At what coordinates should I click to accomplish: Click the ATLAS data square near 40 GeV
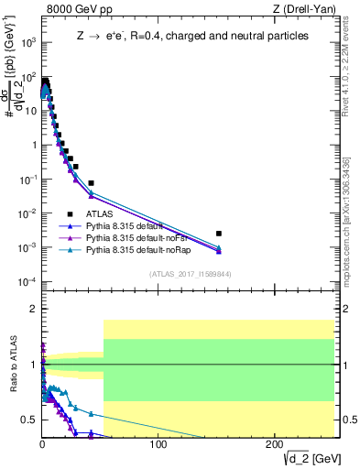pyautogui.click(x=91, y=183)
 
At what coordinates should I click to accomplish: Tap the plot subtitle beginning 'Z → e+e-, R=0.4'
pyautogui.click(x=192, y=36)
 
